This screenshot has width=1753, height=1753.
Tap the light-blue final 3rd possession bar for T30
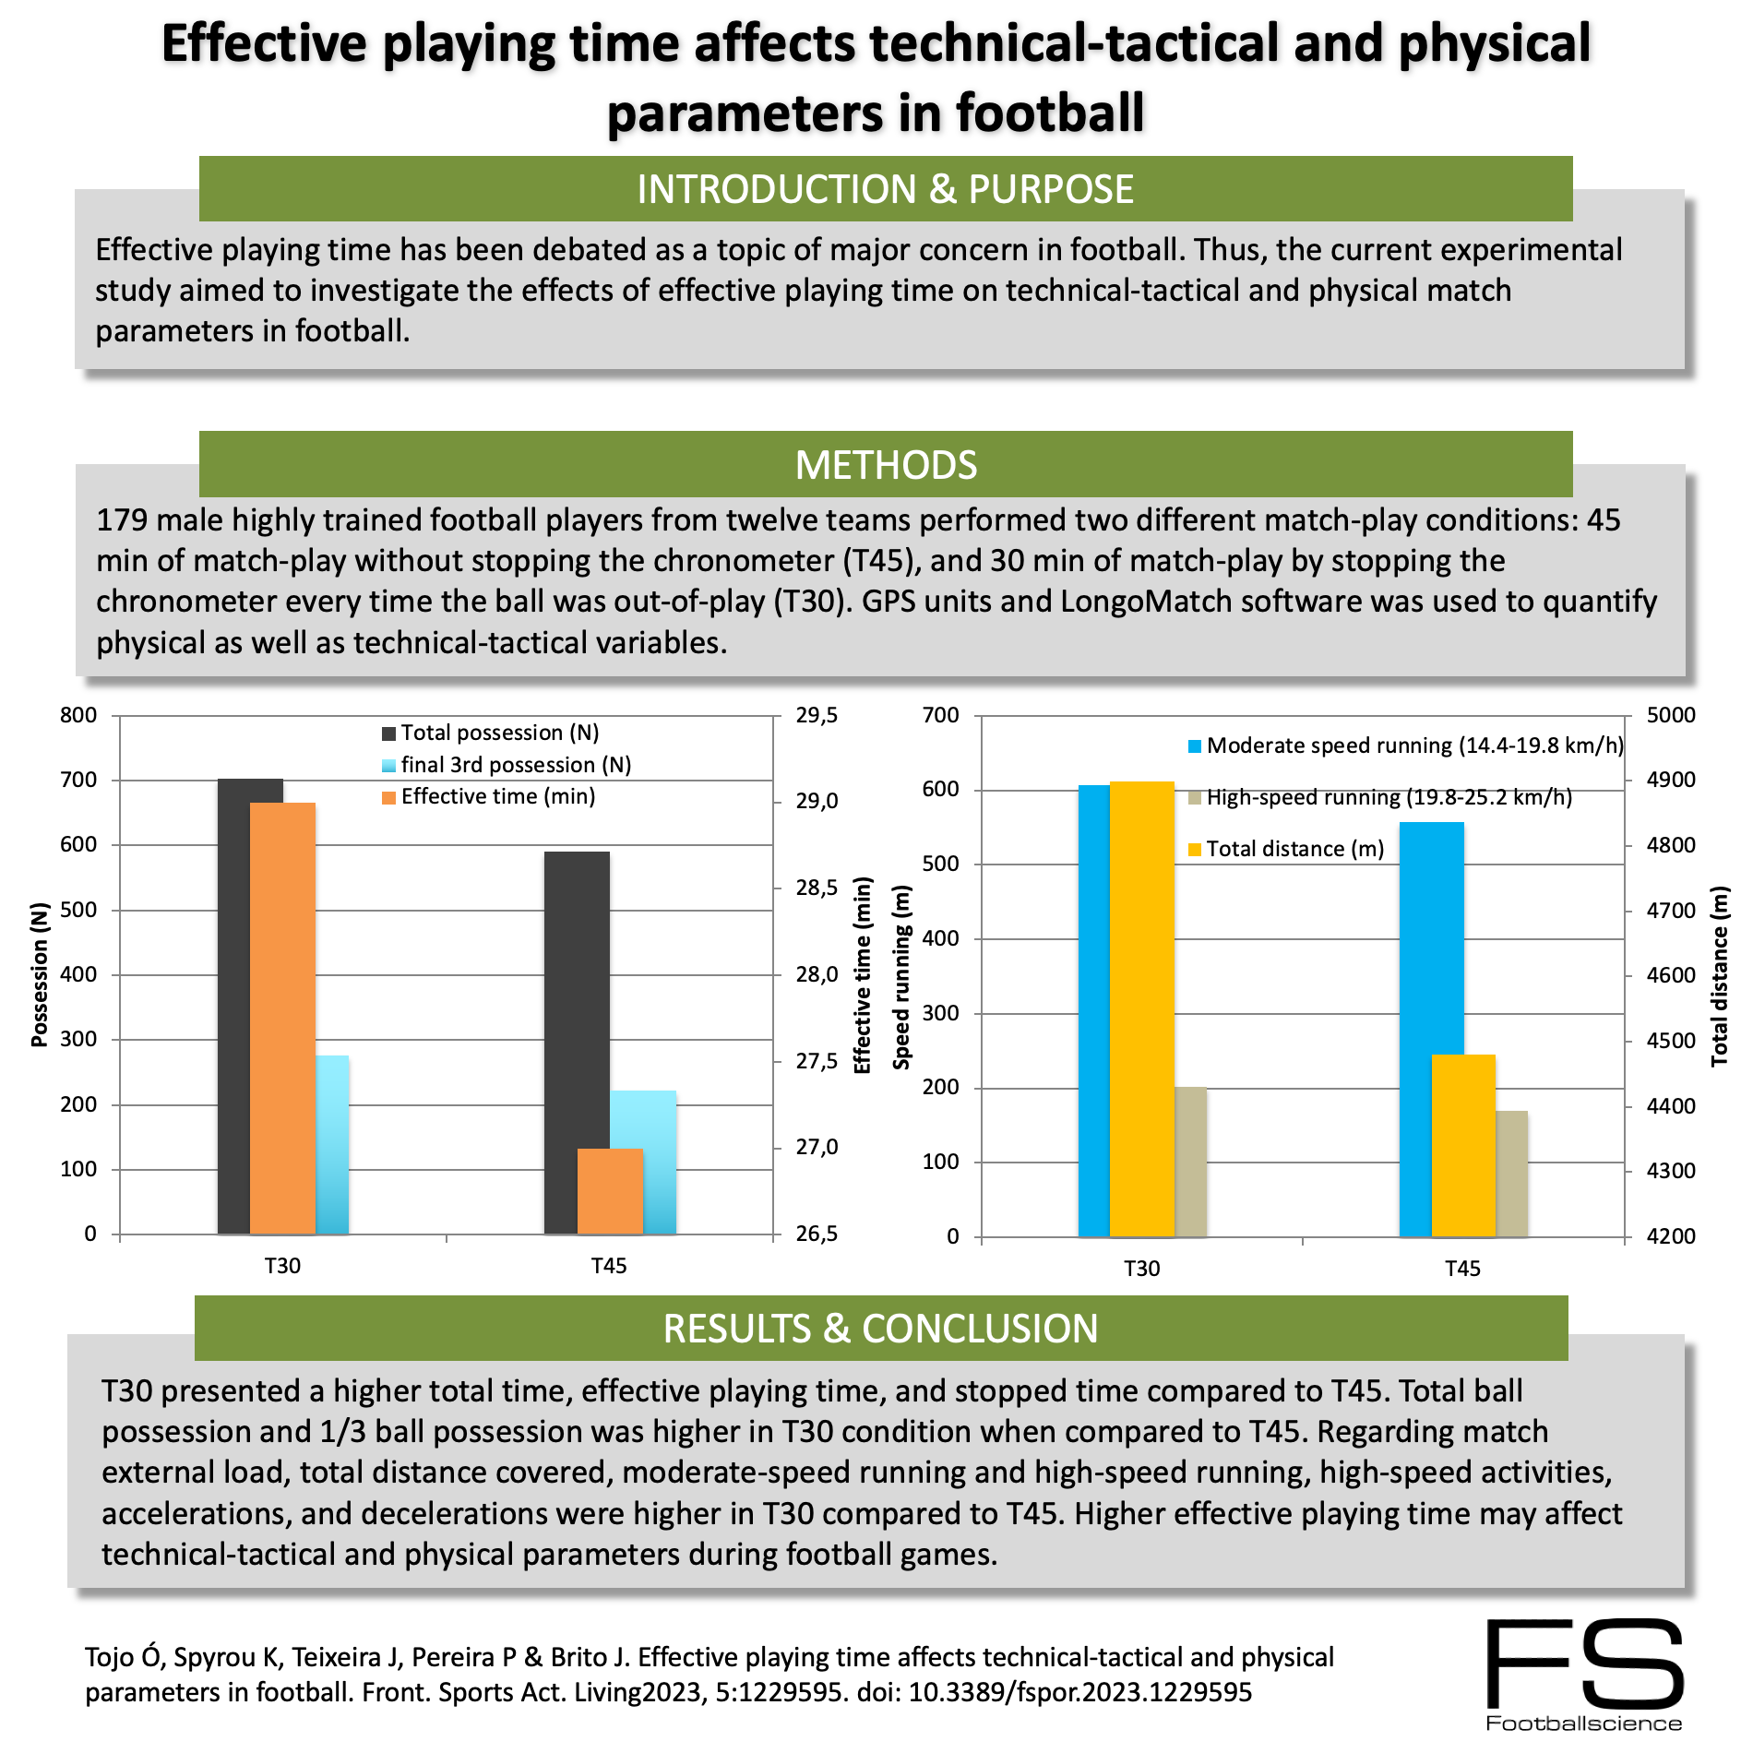(332, 1144)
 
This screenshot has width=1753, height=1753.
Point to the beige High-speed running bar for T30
(1190, 1163)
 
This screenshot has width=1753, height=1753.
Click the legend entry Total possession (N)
(499, 733)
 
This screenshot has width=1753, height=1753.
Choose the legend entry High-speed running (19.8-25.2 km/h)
(1389, 797)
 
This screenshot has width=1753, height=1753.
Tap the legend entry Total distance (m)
(1294, 849)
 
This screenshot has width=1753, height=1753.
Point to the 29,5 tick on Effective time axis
(817, 716)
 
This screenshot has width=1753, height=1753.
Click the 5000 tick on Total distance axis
(1670, 716)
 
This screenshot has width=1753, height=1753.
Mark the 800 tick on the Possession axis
(78, 716)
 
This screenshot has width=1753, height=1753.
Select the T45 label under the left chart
(609, 1266)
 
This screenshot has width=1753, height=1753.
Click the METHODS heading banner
(886, 465)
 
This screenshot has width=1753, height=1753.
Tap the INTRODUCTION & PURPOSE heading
(886, 189)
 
